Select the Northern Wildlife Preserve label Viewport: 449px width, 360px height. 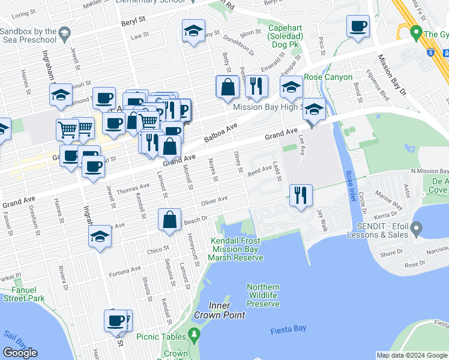(263, 295)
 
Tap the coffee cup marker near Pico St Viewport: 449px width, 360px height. (358, 27)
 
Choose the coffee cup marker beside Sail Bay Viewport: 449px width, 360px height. (116, 321)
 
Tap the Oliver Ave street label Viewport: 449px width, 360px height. (215, 200)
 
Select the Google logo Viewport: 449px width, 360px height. (20, 353)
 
